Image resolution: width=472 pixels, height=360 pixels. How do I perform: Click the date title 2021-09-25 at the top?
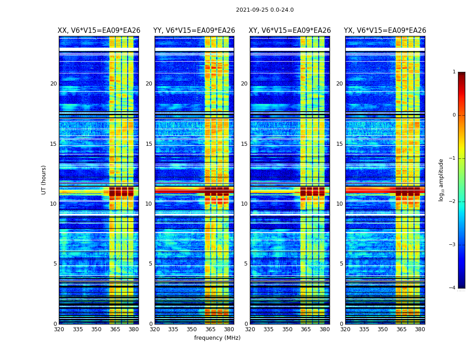(265, 10)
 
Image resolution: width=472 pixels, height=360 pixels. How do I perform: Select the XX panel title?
(99, 31)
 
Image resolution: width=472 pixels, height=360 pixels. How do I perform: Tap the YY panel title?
(194, 31)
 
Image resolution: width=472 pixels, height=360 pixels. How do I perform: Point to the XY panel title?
(289, 31)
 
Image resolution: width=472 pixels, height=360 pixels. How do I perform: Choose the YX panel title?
(385, 31)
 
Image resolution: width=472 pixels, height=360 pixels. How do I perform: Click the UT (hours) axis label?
(44, 180)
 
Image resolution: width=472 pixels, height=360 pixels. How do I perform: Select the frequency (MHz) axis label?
(217, 338)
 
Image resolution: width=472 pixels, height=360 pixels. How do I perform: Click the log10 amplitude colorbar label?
(441, 180)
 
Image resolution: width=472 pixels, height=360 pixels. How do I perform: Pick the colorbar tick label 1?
(454, 72)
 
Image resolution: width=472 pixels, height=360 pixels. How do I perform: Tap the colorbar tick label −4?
(453, 288)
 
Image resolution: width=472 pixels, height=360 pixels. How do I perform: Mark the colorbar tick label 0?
(454, 115)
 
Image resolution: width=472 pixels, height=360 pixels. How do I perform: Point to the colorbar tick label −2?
(453, 202)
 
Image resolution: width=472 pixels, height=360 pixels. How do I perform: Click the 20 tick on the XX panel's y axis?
(53, 84)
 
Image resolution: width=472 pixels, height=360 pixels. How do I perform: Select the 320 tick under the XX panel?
(59, 329)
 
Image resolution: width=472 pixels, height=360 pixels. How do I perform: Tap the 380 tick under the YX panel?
(420, 329)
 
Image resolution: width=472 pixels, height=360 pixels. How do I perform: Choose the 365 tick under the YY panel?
(211, 329)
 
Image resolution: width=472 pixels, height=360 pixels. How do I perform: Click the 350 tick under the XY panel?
(287, 329)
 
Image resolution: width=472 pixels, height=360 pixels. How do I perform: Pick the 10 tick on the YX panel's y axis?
(340, 204)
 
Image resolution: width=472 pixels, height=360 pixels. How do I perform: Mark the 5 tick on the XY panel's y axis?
(246, 264)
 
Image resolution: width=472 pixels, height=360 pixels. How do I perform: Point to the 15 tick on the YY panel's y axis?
(149, 144)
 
